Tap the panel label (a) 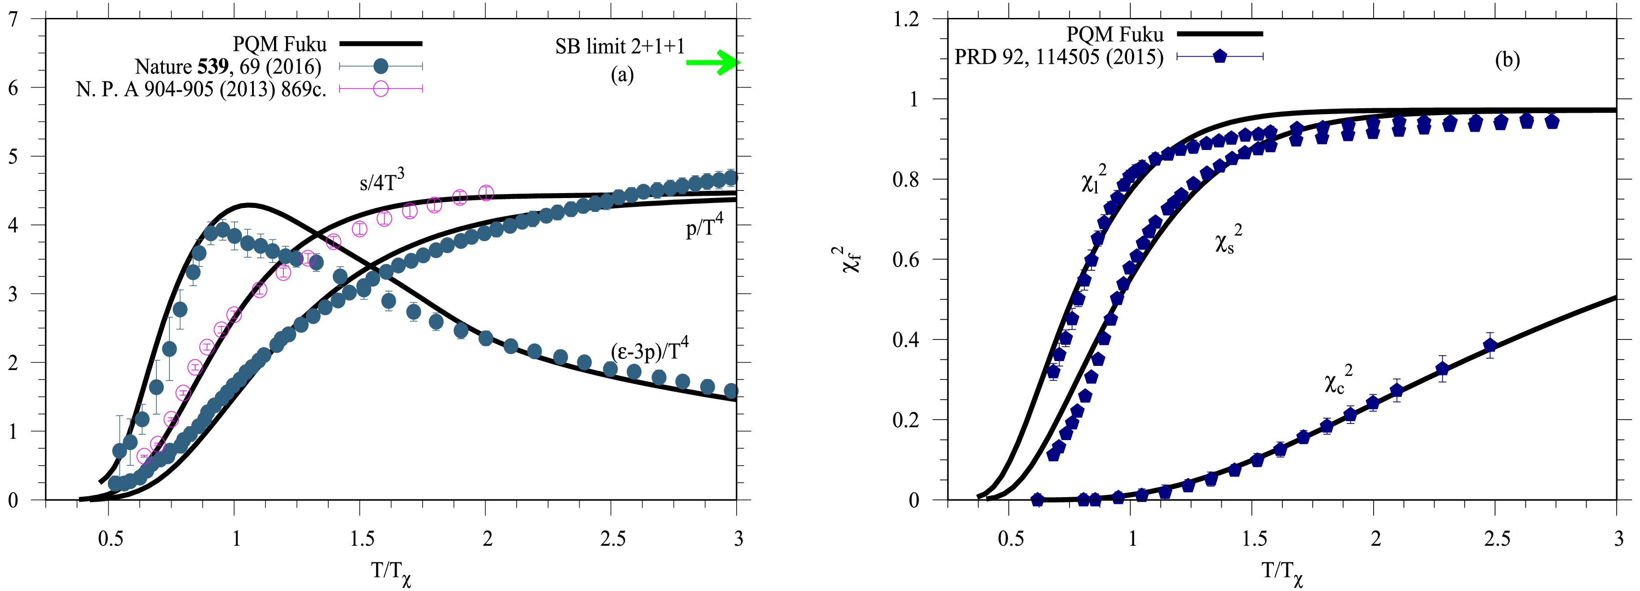click(622, 75)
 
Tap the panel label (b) click(1507, 60)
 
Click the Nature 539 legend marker click(381, 66)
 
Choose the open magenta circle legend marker click(381, 88)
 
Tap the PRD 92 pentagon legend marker click(1220, 57)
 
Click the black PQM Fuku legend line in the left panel click(381, 43)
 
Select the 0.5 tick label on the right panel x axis click(1010, 539)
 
